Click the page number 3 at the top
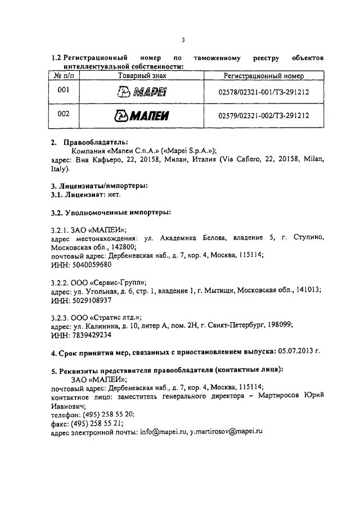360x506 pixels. (x=183, y=39)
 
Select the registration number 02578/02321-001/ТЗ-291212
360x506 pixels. (x=264, y=92)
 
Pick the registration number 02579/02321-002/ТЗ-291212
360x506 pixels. (x=264, y=116)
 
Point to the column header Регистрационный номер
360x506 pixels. (x=264, y=75)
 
